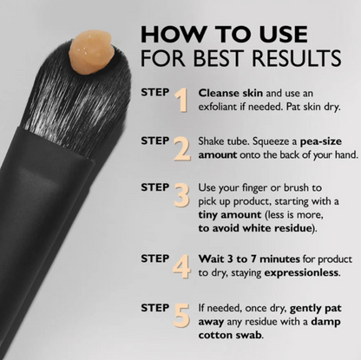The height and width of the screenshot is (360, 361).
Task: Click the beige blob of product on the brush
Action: click(90, 52)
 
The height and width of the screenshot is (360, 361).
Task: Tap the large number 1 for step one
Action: click(181, 100)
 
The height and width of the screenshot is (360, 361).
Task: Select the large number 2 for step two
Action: click(182, 148)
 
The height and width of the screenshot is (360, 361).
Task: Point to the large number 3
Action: click(182, 195)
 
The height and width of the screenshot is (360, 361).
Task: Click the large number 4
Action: click(181, 266)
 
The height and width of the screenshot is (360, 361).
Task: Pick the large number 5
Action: click(182, 315)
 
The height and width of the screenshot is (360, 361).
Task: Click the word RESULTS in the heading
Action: click(297, 58)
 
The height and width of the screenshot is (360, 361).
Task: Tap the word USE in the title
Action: click(283, 34)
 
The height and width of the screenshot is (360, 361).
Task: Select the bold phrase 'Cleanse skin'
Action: click(231, 93)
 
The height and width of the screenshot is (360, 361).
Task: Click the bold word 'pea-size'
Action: click(321, 141)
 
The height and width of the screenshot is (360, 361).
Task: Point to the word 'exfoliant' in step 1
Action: click(217, 107)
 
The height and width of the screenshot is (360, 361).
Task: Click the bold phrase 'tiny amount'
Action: click(230, 214)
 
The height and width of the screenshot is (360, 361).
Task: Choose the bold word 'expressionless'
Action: click(301, 272)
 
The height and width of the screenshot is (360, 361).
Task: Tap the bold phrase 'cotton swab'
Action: click(230, 335)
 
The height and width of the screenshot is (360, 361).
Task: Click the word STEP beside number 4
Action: click(155, 259)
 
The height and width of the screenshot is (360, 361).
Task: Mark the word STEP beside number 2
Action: click(155, 141)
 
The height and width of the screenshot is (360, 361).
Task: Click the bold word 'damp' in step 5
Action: click(325, 322)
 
